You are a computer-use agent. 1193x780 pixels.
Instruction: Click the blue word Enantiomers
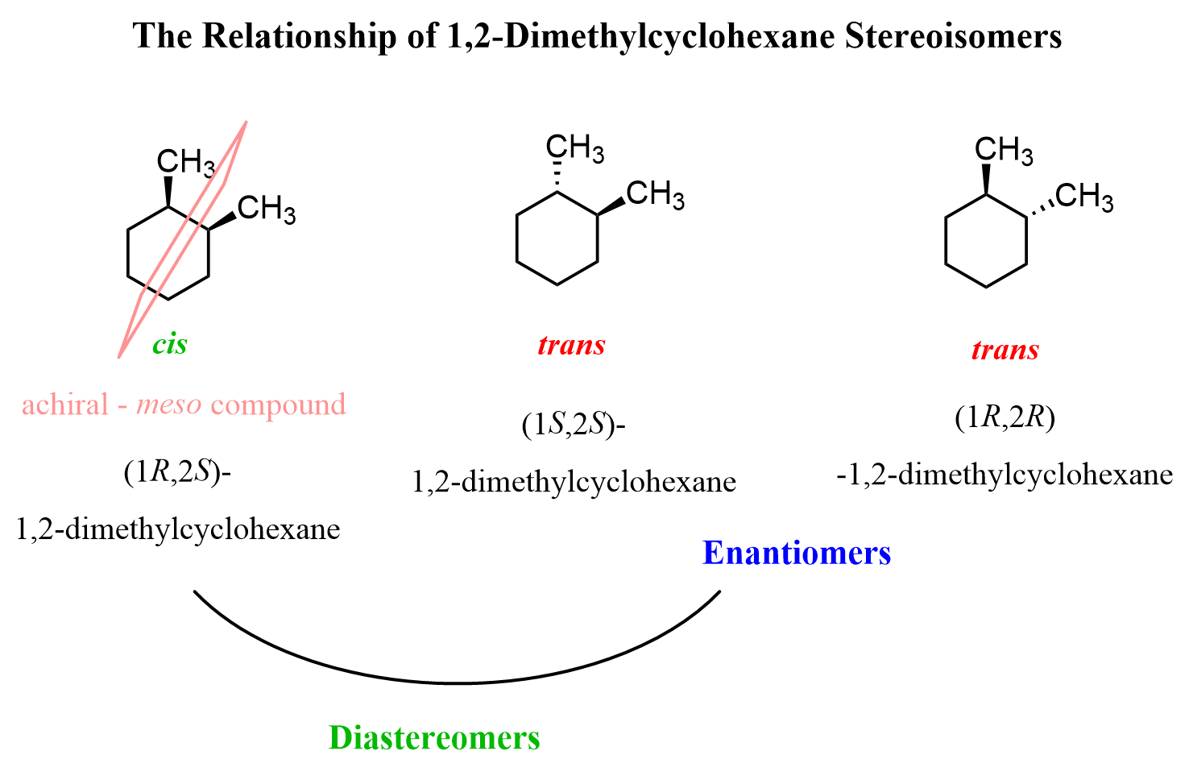coord(797,553)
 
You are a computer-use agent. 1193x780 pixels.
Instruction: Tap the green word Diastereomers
coord(435,738)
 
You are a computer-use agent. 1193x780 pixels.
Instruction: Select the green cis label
coord(170,344)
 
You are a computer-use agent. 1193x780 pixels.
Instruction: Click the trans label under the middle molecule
coord(571,345)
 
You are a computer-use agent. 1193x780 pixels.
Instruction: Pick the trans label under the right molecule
coord(1005,350)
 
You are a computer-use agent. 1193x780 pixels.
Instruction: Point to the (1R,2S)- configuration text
coord(177,472)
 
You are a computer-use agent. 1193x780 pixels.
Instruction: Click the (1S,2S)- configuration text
coord(574,425)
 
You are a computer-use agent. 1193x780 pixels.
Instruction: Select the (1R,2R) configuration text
coord(1005,417)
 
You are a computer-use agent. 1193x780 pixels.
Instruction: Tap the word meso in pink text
coord(169,405)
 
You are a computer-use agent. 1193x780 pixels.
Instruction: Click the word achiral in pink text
coord(65,405)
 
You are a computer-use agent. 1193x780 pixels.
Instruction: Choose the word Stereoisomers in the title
coord(953,36)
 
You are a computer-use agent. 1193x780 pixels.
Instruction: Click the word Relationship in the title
coord(299,36)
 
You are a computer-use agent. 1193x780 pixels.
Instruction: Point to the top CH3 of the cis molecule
coord(186,161)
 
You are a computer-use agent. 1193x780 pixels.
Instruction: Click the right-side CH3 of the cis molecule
coord(267,209)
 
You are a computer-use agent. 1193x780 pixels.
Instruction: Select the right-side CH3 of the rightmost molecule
coord(1083,197)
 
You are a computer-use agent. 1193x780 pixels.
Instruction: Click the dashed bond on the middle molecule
coord(557,176)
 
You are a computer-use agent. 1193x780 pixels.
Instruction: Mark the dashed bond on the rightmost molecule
coord(1041,208)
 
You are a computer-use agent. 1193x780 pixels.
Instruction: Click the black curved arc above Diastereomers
coord(457,683)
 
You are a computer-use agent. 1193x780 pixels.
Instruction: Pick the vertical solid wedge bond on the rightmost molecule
coord(986,179)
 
